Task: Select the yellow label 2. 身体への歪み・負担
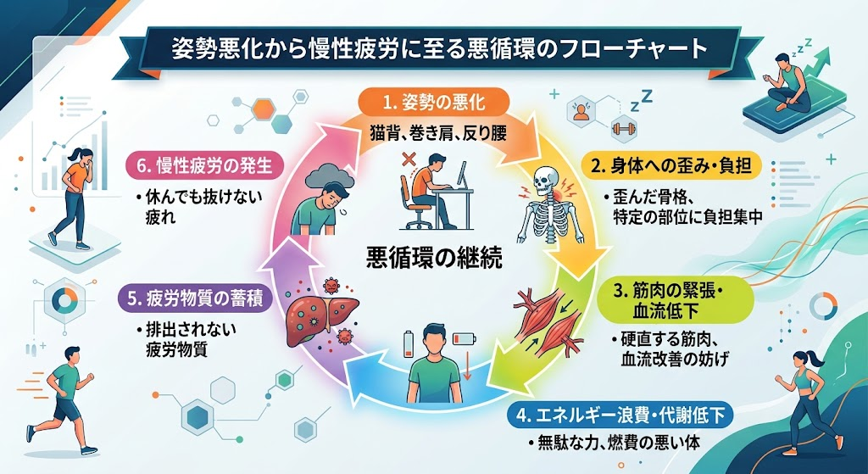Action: [671, 166]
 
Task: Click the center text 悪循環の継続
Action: [435, 258]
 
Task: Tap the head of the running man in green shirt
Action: [73, 355]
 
